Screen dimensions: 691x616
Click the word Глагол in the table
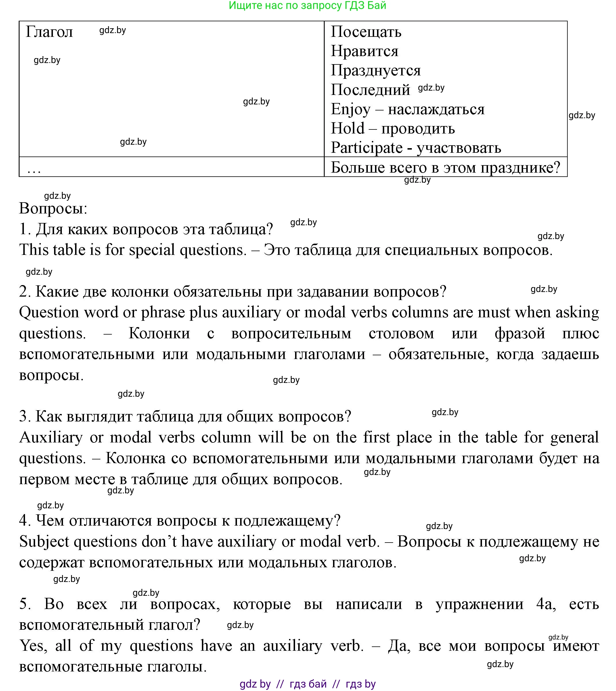(49, 32)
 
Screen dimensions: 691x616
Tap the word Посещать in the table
(366, 32)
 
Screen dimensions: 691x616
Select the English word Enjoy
(351, 109)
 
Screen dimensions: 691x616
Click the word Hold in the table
(348, 129)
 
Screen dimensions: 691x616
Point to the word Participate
(367, 148)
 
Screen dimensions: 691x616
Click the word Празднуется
(376, 70)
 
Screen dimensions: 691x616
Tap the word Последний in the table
(370, 90)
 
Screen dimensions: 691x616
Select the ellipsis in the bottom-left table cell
(34, 170)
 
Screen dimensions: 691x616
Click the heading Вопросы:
(53, 208)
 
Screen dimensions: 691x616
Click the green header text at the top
(307, 5)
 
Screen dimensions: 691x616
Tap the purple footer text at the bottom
(307, 684)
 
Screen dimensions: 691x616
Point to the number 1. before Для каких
(25, 229)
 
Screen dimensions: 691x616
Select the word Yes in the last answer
(31, 645)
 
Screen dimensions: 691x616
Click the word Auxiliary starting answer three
(51, 438)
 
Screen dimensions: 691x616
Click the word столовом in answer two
(401, 333)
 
